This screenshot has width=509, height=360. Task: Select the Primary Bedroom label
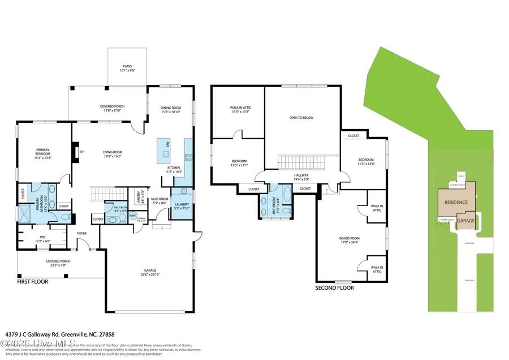[x=43, y=152]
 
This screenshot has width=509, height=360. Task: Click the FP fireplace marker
[x=81, y=152]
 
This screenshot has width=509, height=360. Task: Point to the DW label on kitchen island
[x=167, y=145]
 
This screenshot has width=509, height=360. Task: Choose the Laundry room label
[x=181, y=204]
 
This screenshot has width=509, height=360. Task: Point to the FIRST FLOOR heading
[x=32, y=281]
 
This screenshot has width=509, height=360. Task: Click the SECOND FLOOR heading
[x=334, y=288]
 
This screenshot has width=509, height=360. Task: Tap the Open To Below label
[x=301, y=118]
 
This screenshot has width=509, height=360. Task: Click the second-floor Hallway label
[x=300, y=175]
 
